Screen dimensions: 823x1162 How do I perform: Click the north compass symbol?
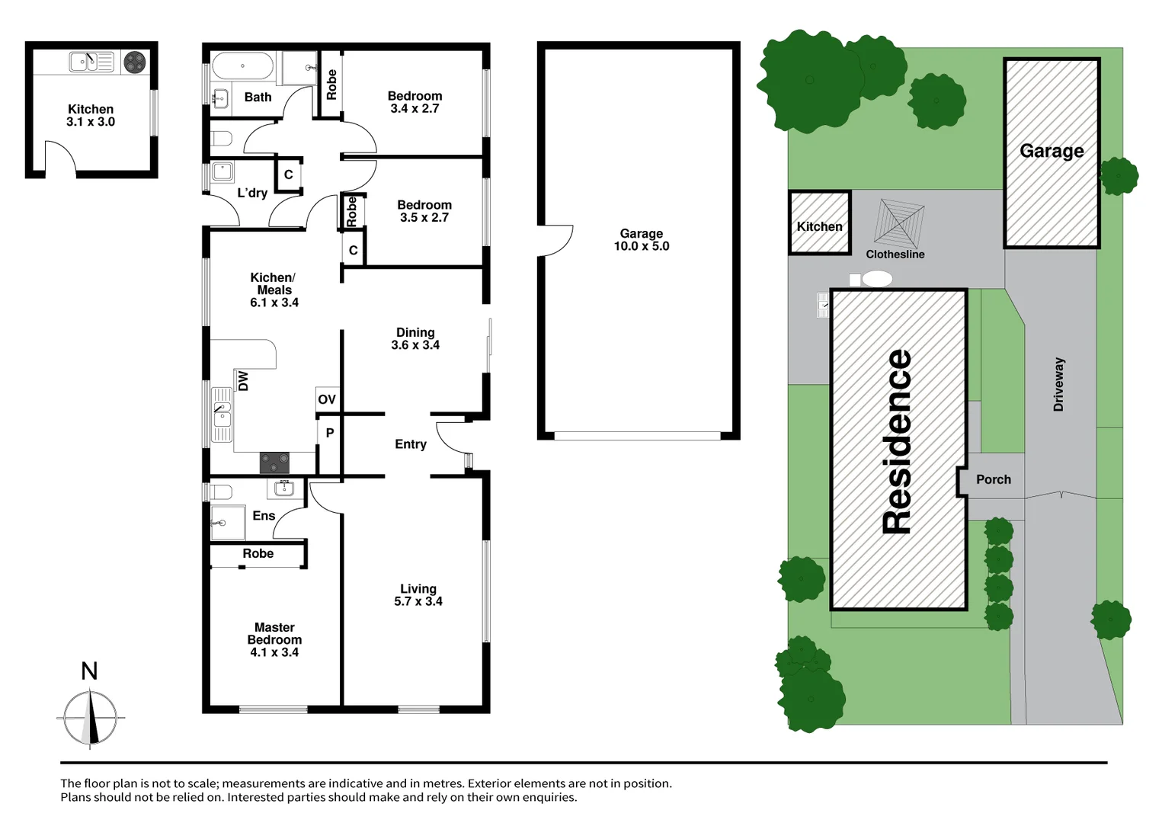[91, 717]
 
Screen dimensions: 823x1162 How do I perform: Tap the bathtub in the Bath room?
[242, 66]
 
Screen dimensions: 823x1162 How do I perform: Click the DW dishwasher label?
[243, 380]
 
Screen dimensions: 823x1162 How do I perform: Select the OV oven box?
[327, 399]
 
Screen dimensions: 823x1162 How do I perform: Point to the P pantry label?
[330, 433]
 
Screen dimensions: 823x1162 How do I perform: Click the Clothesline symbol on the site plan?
[898, 222]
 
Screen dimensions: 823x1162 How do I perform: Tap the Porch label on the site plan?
[994, 479]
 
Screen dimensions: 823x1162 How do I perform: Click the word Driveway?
[1058, 385]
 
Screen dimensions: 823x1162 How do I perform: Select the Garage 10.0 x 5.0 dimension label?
[641, 240]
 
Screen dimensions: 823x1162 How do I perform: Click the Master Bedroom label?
[274, 639]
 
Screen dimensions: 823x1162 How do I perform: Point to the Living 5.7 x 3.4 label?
[418, 594]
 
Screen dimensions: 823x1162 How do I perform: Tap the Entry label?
[411, 444]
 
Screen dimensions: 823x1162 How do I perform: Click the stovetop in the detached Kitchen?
[135, 62]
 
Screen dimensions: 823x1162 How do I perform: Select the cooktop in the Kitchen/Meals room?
[274, 462]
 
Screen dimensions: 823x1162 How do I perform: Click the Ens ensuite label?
[264, 516]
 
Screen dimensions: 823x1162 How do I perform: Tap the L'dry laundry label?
[252, 193]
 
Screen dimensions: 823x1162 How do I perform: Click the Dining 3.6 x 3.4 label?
[415, 338]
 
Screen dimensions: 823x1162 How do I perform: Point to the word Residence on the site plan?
[898, 442]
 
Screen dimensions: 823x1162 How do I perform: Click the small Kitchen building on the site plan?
[819, 223]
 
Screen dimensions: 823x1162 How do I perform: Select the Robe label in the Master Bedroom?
[258, 554]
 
